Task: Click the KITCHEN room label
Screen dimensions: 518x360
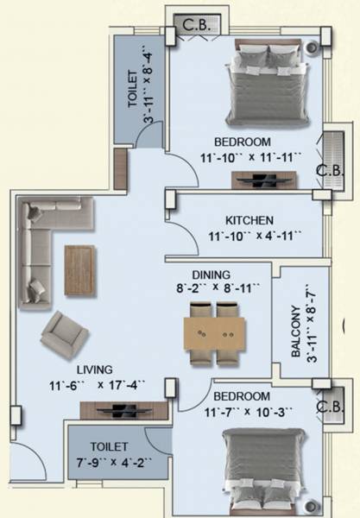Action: click(249, 219)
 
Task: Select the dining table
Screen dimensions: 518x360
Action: click(215, 333)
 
